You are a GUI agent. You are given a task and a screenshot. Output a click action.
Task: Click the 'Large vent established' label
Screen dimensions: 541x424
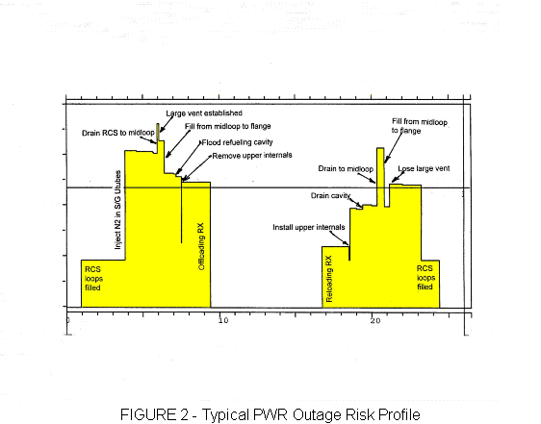pos(204,113)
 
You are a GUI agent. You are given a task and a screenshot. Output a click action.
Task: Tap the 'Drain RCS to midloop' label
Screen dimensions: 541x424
pos(118,133)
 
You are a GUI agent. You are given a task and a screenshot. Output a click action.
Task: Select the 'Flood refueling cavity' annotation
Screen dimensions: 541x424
pos(238,142)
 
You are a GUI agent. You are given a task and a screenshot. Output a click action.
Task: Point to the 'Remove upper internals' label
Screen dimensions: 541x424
pos(252,156)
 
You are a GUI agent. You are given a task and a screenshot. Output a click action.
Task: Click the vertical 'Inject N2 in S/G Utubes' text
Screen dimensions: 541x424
pos(117,210)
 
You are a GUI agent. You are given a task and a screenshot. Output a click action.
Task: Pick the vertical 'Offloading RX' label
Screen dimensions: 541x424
pos(201,246)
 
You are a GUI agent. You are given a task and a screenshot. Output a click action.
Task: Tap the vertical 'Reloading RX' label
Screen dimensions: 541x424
pos(329,279)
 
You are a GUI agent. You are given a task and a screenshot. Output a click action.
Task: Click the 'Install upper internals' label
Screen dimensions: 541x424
pos(309,227)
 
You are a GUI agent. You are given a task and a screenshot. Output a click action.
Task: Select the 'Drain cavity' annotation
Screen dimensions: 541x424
pos(330,196)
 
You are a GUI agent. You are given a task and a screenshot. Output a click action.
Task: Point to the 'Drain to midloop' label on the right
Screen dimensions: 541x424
pos(346,169)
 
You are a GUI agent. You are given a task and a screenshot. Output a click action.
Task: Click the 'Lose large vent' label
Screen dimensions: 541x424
pos(424,168)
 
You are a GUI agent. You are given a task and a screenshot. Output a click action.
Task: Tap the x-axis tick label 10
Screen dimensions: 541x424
pos(223,320)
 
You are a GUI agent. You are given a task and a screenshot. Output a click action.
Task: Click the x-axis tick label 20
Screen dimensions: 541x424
pos(375,320)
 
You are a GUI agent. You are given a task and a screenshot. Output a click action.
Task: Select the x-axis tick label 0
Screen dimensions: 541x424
pos(68,320)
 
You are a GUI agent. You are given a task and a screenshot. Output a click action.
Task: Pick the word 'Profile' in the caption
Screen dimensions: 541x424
pos(399,414)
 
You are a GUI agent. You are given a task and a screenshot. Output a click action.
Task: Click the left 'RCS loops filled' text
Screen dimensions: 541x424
pos(93,279)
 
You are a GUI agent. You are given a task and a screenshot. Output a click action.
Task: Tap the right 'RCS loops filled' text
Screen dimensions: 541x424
pos(425,278)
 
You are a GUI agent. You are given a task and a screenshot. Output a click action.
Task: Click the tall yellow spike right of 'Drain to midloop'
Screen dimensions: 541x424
pos(380,177)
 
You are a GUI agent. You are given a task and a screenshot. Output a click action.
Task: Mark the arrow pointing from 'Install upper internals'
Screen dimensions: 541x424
pos(340,238)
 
